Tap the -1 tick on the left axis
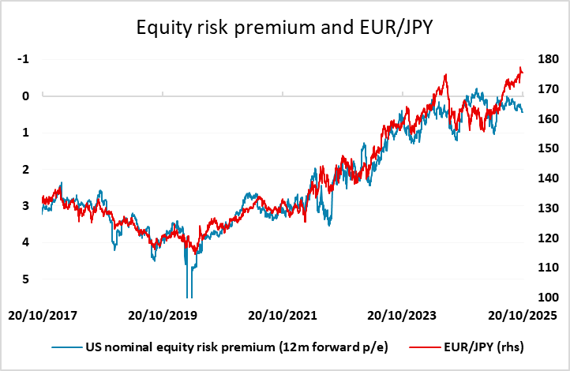tap(25, 59)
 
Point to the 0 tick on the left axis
tap(27, 96)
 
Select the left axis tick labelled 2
tap(27, 170)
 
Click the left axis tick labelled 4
tap(27, 243)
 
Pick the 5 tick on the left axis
tap(27, 279)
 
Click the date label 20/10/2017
tap(44, 316)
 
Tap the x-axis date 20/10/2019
tap(162, 316)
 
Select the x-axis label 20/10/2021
tap(282, 316)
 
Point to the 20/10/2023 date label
tap(402, 316)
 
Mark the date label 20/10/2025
tap(521, 316)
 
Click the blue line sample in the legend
tap(67, 346)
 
